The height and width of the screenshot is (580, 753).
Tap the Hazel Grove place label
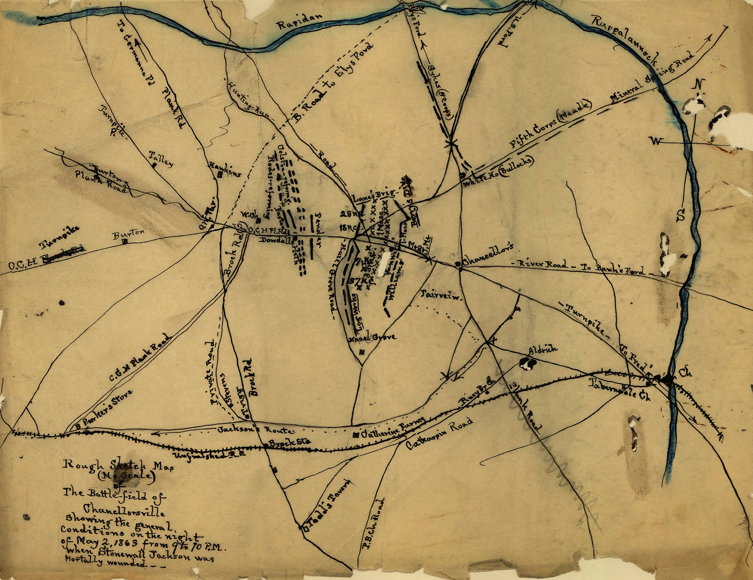pos(372,338)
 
